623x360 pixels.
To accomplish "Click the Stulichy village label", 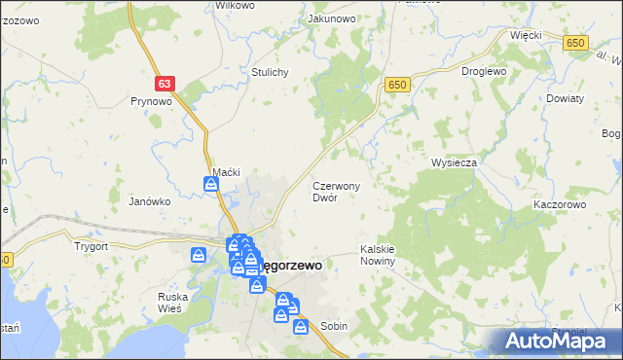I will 271,72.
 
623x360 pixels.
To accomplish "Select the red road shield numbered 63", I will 164,86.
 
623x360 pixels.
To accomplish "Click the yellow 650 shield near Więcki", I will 577,42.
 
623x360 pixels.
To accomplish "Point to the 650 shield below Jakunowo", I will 396,86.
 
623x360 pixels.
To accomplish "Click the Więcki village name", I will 527,34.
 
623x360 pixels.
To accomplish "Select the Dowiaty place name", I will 565,99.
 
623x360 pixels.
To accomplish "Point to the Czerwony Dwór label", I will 337,191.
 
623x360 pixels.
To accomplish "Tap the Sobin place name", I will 334,326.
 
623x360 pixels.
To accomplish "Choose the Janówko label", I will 150,201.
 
